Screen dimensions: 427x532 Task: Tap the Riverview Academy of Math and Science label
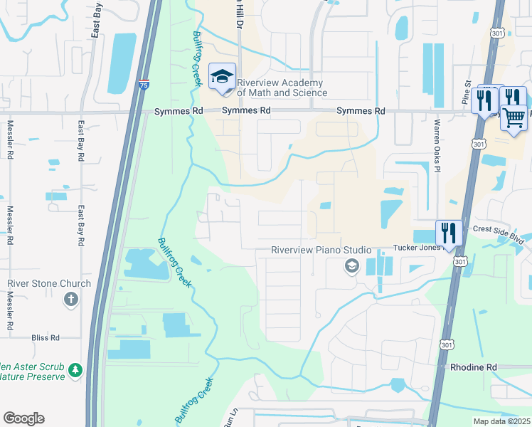coord(282,88)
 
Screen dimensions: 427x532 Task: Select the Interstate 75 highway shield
coord(144,85)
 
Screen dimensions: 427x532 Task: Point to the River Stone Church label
coord(49,283)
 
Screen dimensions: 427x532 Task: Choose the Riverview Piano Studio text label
coord(321,250)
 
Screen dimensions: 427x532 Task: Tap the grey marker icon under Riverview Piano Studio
coord(351,266)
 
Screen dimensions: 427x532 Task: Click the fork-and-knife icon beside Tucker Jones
coord(448,232)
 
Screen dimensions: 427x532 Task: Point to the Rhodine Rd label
coord(473,367)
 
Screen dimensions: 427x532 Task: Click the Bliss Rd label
coord(43,337)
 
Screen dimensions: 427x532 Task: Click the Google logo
coord(23,418)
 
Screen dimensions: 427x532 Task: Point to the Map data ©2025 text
coord(501,421)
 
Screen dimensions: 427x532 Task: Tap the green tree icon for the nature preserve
coord(75,370)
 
